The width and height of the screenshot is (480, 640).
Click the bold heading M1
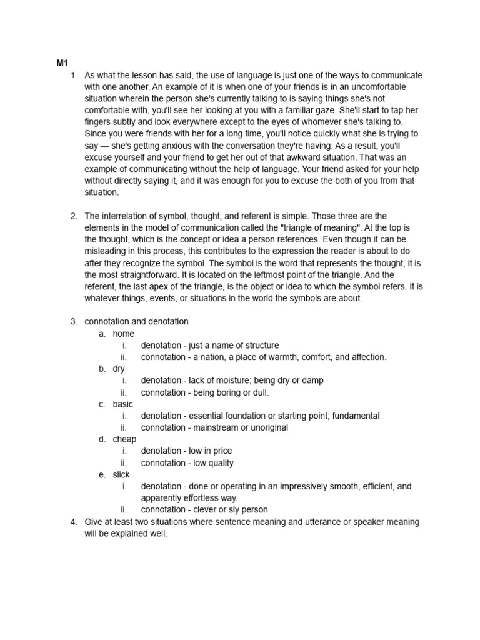[62, 63]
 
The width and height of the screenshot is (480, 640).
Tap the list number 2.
[73, 216]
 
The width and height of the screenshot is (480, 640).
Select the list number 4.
[73, 522]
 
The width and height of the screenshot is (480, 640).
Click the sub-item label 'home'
[124, 334]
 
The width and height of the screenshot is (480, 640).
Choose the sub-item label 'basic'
[123, 404]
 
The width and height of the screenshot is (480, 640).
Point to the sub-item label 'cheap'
[124, 439]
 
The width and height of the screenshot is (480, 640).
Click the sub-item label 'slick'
[121, 475]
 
